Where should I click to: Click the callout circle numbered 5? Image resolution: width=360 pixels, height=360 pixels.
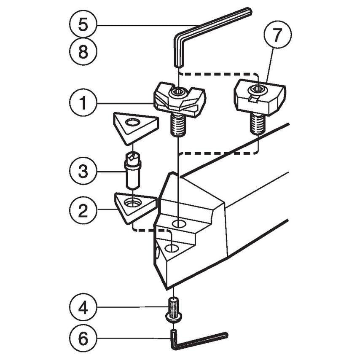(83, 25)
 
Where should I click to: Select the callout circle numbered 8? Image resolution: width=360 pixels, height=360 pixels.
(83, 52)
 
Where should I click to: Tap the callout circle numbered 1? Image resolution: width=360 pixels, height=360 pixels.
(83, 103)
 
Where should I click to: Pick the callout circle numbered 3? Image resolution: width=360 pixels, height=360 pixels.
(83, 172)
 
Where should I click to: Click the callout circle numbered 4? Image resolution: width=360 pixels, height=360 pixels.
(83, 307)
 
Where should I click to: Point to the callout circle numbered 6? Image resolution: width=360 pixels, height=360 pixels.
(83, 338)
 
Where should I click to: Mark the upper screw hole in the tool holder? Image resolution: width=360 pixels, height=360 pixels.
(179, 223)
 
